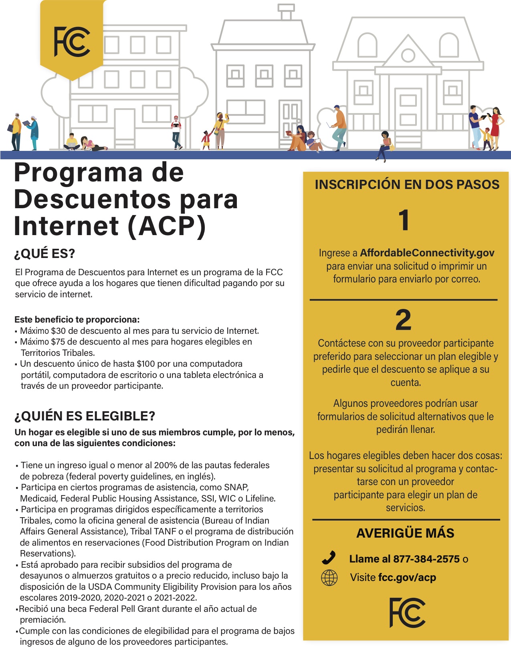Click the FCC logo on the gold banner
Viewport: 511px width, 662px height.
coord(72,42)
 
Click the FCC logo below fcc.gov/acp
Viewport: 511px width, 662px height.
coord(407,613)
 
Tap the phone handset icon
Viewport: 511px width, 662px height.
coord(329,558)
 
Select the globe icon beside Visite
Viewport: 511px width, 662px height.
coord(329,578)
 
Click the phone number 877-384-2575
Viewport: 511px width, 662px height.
coord(426,559)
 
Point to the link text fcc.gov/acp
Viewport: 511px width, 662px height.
coord(407,578)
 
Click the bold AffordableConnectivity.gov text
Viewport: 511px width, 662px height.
coord(427,253)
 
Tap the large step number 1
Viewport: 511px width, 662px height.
coord(404,220)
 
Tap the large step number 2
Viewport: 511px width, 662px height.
coord(403,320)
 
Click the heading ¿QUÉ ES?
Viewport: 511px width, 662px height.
coord(45,254)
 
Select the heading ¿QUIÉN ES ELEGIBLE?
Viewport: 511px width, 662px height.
coord(85,416)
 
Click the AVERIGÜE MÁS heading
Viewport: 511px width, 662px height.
coord(405,533)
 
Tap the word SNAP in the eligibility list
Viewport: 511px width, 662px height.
coord(236,487)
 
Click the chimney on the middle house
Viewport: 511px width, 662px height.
coord(286,12)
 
